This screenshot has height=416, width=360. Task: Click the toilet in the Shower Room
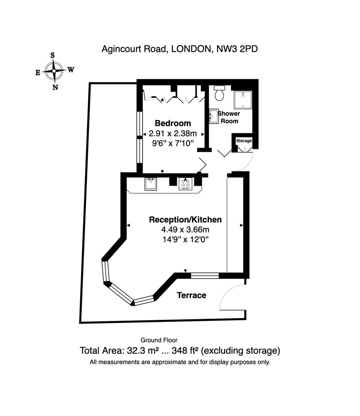[x=219, y=93]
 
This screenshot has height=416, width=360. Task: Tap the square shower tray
[x=243, y=100]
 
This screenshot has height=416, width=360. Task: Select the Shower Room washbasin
[x=214, y=116]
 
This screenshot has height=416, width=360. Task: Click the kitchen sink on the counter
[x=151, y=184]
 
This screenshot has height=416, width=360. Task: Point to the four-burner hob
[x=186, y=184]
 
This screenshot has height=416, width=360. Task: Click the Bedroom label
[x=173, y=123]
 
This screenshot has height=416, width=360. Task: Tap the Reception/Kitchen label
[x=185, y=220]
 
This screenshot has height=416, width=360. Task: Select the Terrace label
[x=191, y=295]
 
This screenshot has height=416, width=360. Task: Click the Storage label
[x=244, y=141]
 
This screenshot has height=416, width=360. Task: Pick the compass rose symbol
[x=54, y=71]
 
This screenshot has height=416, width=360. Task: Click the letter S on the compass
[x=52, y=55]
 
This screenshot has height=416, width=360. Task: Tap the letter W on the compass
[x=70, y=70]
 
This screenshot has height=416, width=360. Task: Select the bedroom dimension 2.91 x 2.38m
[x=173, y=133]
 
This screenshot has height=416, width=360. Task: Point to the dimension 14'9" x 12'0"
[x=186, y=240]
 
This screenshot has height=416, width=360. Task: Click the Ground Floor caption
[x=159, y=340]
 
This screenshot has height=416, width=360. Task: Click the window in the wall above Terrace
[x=205, y=276]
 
